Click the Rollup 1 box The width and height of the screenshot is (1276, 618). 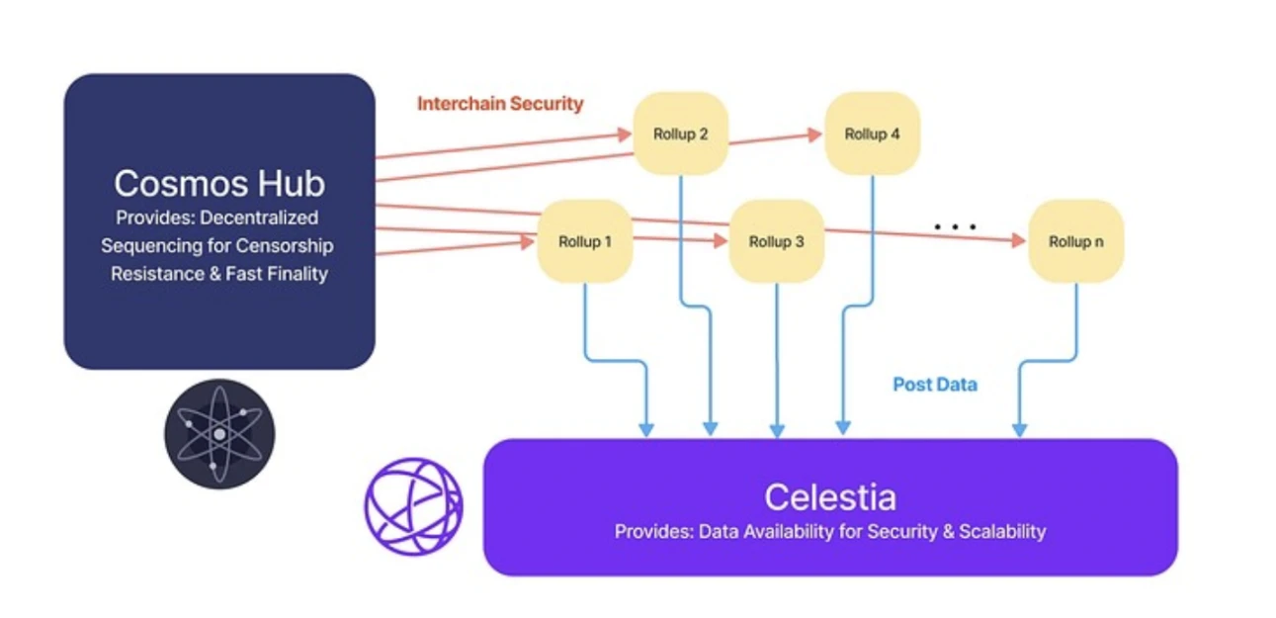coord(584,241)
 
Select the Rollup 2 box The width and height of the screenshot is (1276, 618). coord(680,133)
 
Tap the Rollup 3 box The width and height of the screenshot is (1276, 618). coord(776,241)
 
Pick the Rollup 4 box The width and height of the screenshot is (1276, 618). coord(872,133)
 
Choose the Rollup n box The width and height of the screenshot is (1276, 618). coord(1075,241)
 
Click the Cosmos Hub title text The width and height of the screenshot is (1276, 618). coord(218,183)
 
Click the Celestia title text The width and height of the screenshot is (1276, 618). coord(829,495)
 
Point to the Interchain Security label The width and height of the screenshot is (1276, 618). coord(500,104)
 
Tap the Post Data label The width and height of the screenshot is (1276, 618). coord(935,385)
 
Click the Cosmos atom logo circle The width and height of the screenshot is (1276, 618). coord(219,434)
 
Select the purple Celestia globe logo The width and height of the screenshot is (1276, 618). coord(413,505)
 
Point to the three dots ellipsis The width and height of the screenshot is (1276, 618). coord(955,227)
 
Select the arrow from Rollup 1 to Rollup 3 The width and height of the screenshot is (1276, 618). coord(680,238)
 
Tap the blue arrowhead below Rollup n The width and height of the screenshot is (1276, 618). coord(1020,430)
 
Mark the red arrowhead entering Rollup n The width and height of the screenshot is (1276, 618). coord(1018,240)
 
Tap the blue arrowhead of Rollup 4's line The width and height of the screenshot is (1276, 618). coord(842,428)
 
